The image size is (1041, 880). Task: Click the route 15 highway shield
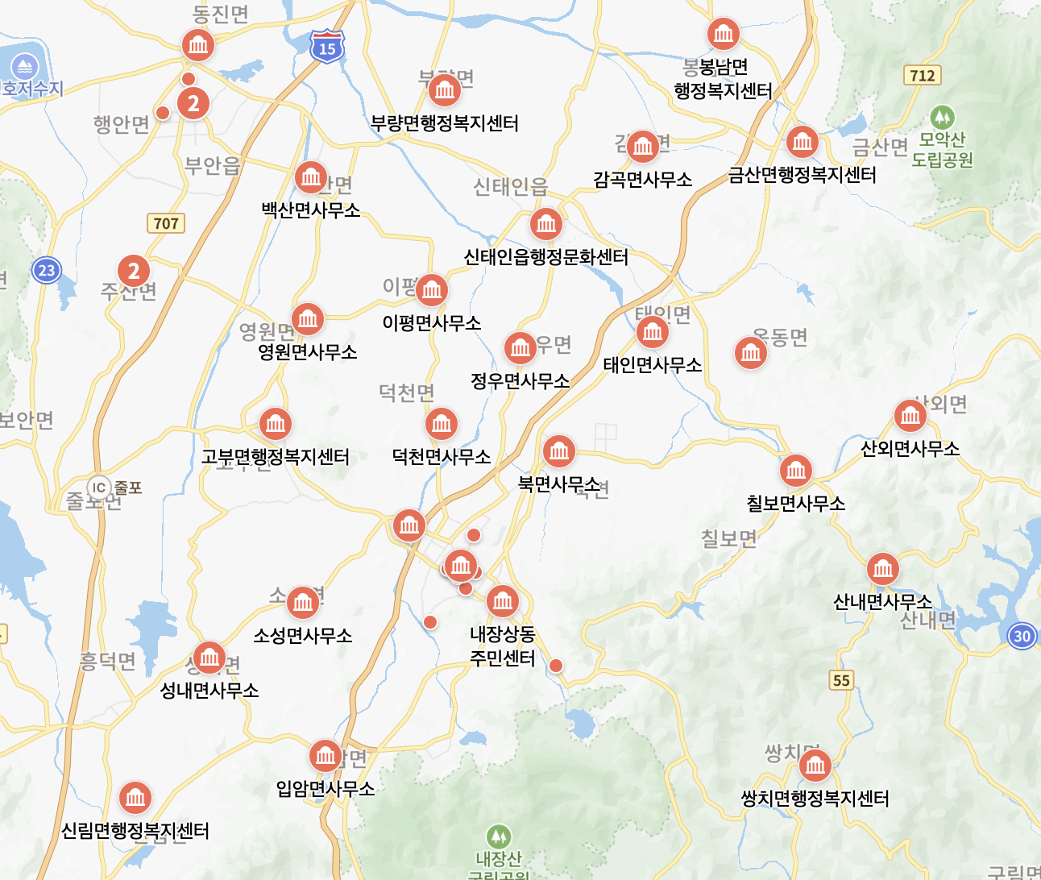pos(326,46)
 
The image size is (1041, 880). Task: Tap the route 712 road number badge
pos(923,76)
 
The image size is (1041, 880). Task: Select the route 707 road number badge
pos(166,223)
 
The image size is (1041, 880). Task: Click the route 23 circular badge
pos(47,270)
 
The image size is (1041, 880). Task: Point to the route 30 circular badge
pos(1022,636)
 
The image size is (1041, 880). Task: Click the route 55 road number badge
pos(841,680)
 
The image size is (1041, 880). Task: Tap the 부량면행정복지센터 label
pos(444,123)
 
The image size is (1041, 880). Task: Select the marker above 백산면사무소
pos(310,177)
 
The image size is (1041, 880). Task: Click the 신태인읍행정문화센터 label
pos(545,257)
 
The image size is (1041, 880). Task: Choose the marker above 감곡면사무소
pos(642,147)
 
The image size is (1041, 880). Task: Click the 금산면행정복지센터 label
pos(802,175)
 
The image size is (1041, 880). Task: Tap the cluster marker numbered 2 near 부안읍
pos(193,103)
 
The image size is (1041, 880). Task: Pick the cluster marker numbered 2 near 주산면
pos(134,272)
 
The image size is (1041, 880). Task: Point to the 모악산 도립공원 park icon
pos(941,118)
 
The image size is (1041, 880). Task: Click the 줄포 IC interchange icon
pos(98,488)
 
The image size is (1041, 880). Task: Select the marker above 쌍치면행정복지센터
pos(815,766)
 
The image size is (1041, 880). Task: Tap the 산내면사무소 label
pos(882,602)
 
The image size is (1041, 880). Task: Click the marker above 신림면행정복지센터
pos(135,798)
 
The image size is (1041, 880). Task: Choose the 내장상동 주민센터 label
pos(503,646)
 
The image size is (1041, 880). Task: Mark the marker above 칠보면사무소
pos(795,471)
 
